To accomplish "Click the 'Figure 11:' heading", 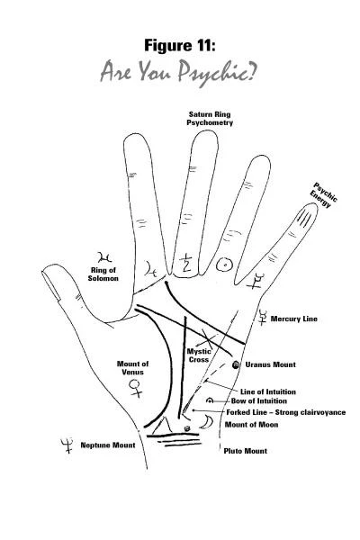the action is [x=180, y=46].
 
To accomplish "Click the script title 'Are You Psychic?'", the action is [x=178, y=73].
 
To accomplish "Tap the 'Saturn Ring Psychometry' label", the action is [x=210, y=119].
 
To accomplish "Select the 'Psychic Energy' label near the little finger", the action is [x=324, y=195].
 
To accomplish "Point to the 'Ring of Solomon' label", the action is [x=103, y=274].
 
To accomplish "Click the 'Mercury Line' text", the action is [x=294, y=319].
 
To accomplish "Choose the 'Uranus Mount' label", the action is [x=270, y=364].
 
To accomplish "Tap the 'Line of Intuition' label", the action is [x=268, y=391].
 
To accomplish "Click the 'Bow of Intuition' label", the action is [x=259, y=400].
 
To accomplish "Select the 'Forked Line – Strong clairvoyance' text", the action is [x=286, y=412].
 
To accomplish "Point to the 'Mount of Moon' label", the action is [x=251, y=425].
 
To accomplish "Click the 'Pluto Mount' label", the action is [x=246, y=451].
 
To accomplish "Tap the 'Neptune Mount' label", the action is [x=108, y=445].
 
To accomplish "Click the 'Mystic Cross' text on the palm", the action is [x=199, y=355].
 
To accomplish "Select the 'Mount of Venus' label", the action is [x=132, y=368].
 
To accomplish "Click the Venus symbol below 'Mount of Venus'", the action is [x=135, y=389].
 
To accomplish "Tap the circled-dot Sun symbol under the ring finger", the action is [x=225, y=265].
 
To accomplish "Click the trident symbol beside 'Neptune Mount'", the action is [x=67, y=445].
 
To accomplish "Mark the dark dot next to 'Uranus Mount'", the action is [x=236, y=365].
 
